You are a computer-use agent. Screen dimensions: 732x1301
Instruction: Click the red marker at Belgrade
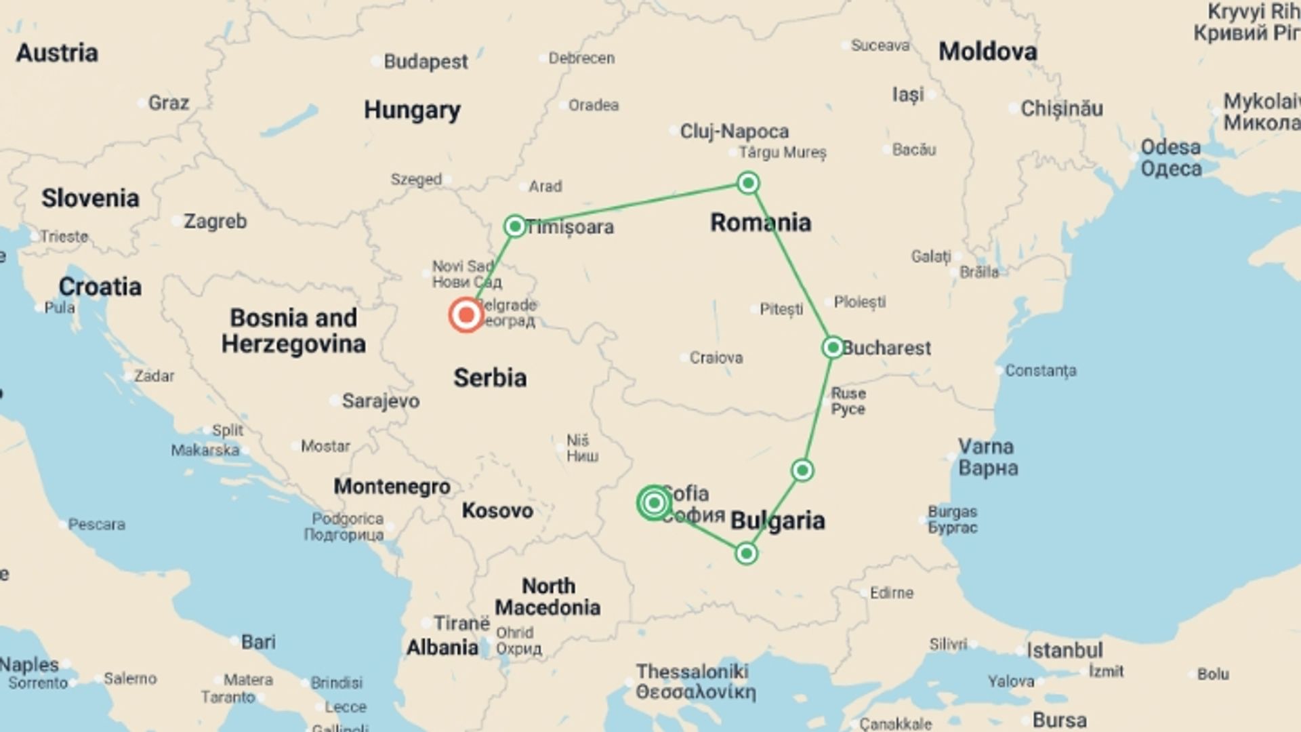coord(466,315)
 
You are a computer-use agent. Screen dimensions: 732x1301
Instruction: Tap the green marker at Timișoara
coord(515,226)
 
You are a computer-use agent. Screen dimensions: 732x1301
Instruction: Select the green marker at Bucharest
coord(833,348)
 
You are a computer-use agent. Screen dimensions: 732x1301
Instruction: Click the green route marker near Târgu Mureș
coord(748,183)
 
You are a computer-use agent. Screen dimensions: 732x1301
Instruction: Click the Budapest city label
coord(426,62)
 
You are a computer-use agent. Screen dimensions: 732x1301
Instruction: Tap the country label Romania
coord(760,222)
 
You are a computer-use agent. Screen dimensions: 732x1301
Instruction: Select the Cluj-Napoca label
coord(735,131)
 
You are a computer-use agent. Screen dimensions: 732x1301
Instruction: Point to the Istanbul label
coord(1065,651)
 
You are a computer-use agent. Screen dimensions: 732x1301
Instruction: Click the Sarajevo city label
coord(380,401)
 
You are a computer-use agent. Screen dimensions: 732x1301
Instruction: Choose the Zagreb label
coord(215,221)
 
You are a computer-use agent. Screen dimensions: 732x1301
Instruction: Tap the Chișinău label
coord(1061,108)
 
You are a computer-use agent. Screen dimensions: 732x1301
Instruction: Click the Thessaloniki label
coord(693,672)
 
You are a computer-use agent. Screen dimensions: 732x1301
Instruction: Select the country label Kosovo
coord(497,510)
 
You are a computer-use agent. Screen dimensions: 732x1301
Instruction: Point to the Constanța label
coord(1040,371)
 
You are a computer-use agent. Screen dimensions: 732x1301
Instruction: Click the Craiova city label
coord(716,357)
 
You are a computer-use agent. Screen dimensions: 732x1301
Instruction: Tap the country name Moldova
coord(987,52)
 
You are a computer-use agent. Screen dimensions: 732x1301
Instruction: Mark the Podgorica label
coord(348,519)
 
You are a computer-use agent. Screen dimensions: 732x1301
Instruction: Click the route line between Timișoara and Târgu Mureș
coord(630,204)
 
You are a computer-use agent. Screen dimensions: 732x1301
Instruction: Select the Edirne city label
coord(891,593)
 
